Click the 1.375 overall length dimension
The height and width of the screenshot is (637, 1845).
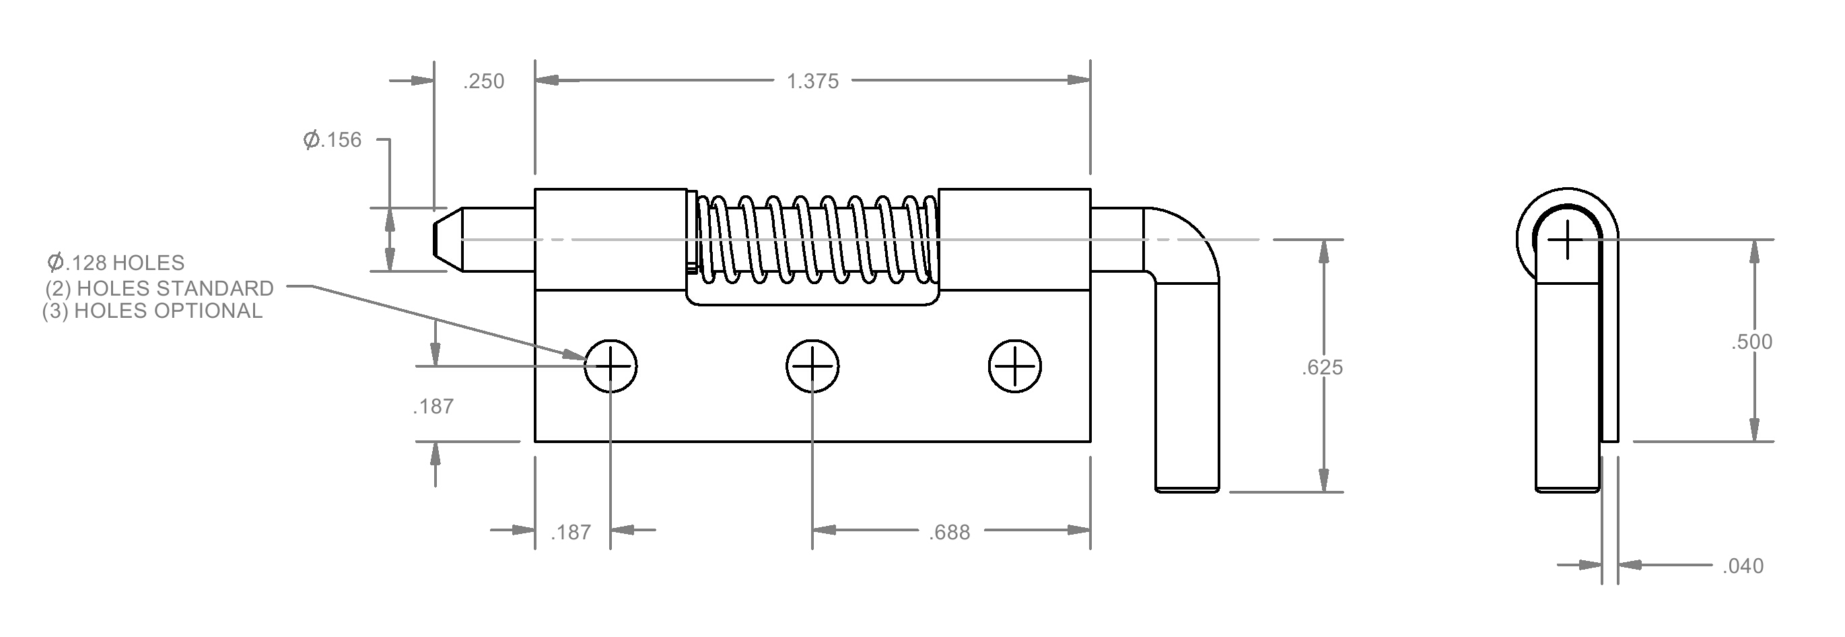[x=812, y=81]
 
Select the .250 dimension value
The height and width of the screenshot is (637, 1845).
[x=484, y=81]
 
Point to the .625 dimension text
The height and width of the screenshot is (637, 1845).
[x=1322, y=368]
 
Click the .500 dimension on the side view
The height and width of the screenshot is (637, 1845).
[x=1752, y=342]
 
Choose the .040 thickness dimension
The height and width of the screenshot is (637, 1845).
[x=1743, y=566]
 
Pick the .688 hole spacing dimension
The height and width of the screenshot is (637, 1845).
[x=950, y=533]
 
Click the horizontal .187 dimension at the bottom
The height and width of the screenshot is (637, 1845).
[x=571, y=533]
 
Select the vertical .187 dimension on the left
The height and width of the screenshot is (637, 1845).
[x=433, y=407]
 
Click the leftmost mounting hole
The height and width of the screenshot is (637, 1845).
[x=611, y=366]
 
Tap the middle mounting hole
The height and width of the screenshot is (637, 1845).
[x=812, y=366]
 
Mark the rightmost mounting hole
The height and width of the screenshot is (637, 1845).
[x=1015, y=366]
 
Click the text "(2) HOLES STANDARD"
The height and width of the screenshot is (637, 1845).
[x=160, y=288]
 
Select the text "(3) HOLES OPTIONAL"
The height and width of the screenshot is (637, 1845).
[x=153, y=311]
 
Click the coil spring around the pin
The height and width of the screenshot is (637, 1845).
[x=816, y=239]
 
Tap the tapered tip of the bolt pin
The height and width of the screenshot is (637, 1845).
[x=447, y=239]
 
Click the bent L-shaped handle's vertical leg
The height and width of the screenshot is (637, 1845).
[x=1187, y=387]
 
